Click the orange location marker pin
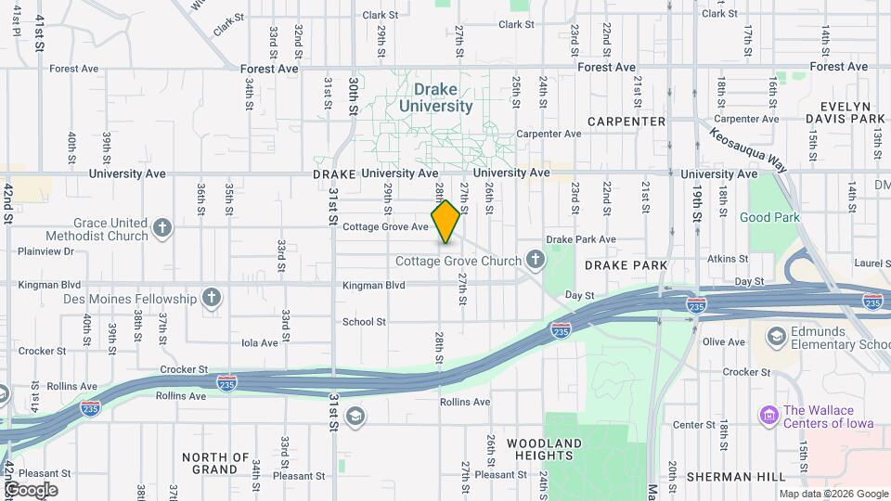coord(446,222)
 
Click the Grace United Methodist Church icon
coord(163,228)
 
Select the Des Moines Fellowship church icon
coord(213,299)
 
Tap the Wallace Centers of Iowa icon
coord(768,414)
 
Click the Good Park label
coord(769,217)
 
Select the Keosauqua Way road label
coord(748,148)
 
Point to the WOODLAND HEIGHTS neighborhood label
coord(545,449)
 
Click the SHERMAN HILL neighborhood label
coord(731,477)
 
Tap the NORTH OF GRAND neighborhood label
coord(215,463)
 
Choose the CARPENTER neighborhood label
coord(626,122)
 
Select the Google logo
coord(31,489)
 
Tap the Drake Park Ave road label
coord(581,239)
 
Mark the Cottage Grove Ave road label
coord(385,226)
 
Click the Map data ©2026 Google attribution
coord(833,495)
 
